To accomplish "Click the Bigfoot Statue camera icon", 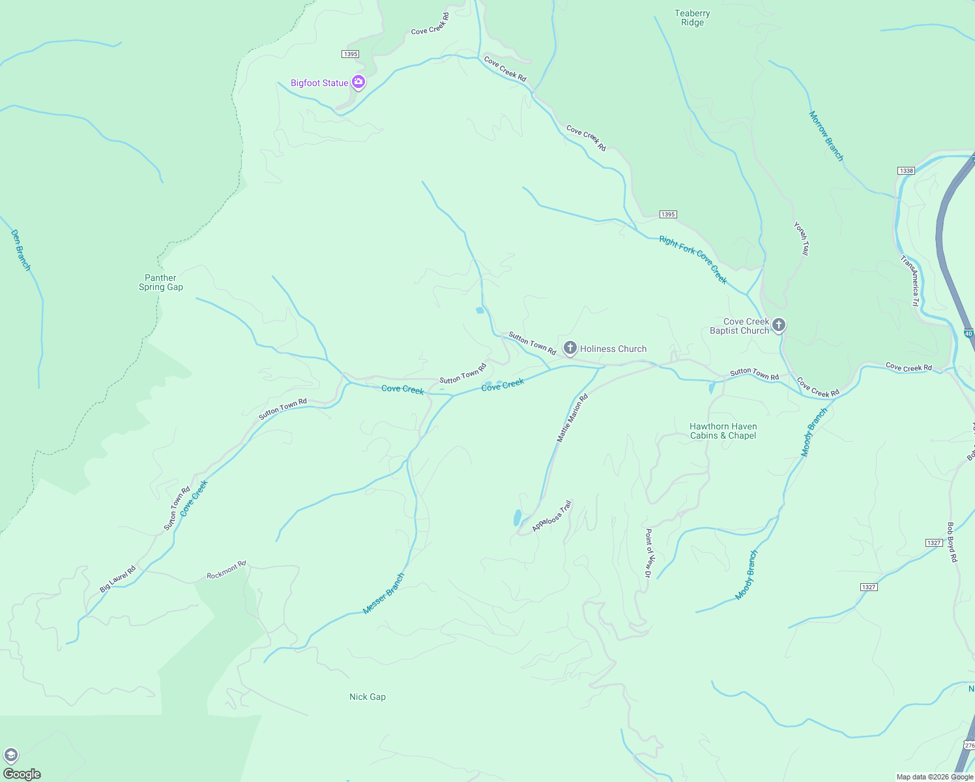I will pos(358,82).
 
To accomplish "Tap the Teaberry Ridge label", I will pos(692,18).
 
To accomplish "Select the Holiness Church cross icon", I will pos(570,348).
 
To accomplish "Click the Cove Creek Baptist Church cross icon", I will pos(778,325).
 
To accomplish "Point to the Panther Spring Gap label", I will pos(161,283).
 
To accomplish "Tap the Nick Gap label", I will pos(368,697).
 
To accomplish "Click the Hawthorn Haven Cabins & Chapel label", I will pos(723,431).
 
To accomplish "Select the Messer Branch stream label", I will pos(384,594).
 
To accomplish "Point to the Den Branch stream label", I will pos(21,250).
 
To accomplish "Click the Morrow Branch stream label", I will pos(826,136).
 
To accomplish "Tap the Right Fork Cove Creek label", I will pos(693,259).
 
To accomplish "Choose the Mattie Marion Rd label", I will pos(572,418).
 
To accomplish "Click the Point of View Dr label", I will pos(648,553).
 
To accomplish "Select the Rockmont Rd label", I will pos(226,570).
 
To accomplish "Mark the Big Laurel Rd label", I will pos(118,579).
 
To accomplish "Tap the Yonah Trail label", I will pos(802,239).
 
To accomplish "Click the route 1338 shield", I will pos(906,171).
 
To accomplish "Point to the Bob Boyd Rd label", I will pos(952,542).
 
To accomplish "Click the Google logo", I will pos(22,774).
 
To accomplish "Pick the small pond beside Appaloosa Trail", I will pos(517,518).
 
